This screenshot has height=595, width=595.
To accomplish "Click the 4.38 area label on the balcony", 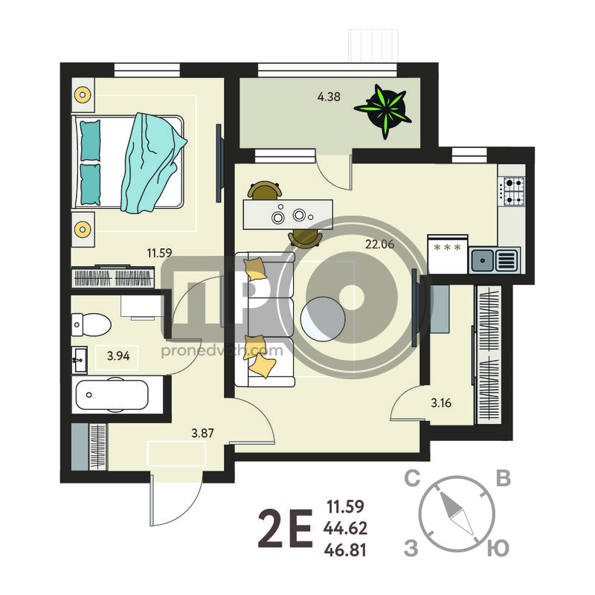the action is point(329,97).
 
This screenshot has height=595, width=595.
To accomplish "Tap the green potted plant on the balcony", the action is point(384,111).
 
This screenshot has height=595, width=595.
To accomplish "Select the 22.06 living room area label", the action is point(379,244).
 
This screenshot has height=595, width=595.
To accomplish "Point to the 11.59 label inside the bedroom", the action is point(159,253).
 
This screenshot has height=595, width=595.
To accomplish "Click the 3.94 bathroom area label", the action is point(118,356).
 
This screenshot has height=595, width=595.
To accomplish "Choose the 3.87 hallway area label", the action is point(202,433).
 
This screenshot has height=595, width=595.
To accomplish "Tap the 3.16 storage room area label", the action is point(441,402).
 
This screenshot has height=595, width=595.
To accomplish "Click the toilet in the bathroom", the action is point(91,325).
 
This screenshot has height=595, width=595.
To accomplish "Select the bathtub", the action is point(112,395).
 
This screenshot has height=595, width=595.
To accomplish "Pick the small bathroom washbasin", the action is point(80,359).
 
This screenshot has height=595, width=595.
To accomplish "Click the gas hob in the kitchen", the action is point(512,191).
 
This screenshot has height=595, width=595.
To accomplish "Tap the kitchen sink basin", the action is point(483,260).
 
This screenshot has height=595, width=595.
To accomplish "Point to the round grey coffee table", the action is point(323,319).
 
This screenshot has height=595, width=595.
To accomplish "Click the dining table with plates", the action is point(288,214).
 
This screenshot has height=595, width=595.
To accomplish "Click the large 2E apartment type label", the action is point(286,529).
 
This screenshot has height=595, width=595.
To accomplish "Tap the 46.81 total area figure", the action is point(345,550).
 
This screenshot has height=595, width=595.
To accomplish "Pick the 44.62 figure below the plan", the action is point(345,528).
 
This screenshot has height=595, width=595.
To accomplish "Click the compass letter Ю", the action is point(498,549).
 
